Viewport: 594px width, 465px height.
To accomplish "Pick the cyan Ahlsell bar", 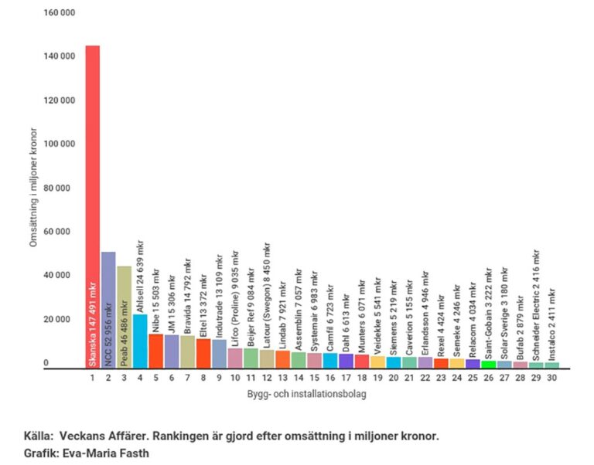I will point(140,341).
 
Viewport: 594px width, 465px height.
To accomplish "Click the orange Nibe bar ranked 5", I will point(155,351).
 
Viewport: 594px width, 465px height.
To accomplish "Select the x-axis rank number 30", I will point(551,378).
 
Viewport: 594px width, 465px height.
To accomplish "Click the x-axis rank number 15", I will point(314,378).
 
